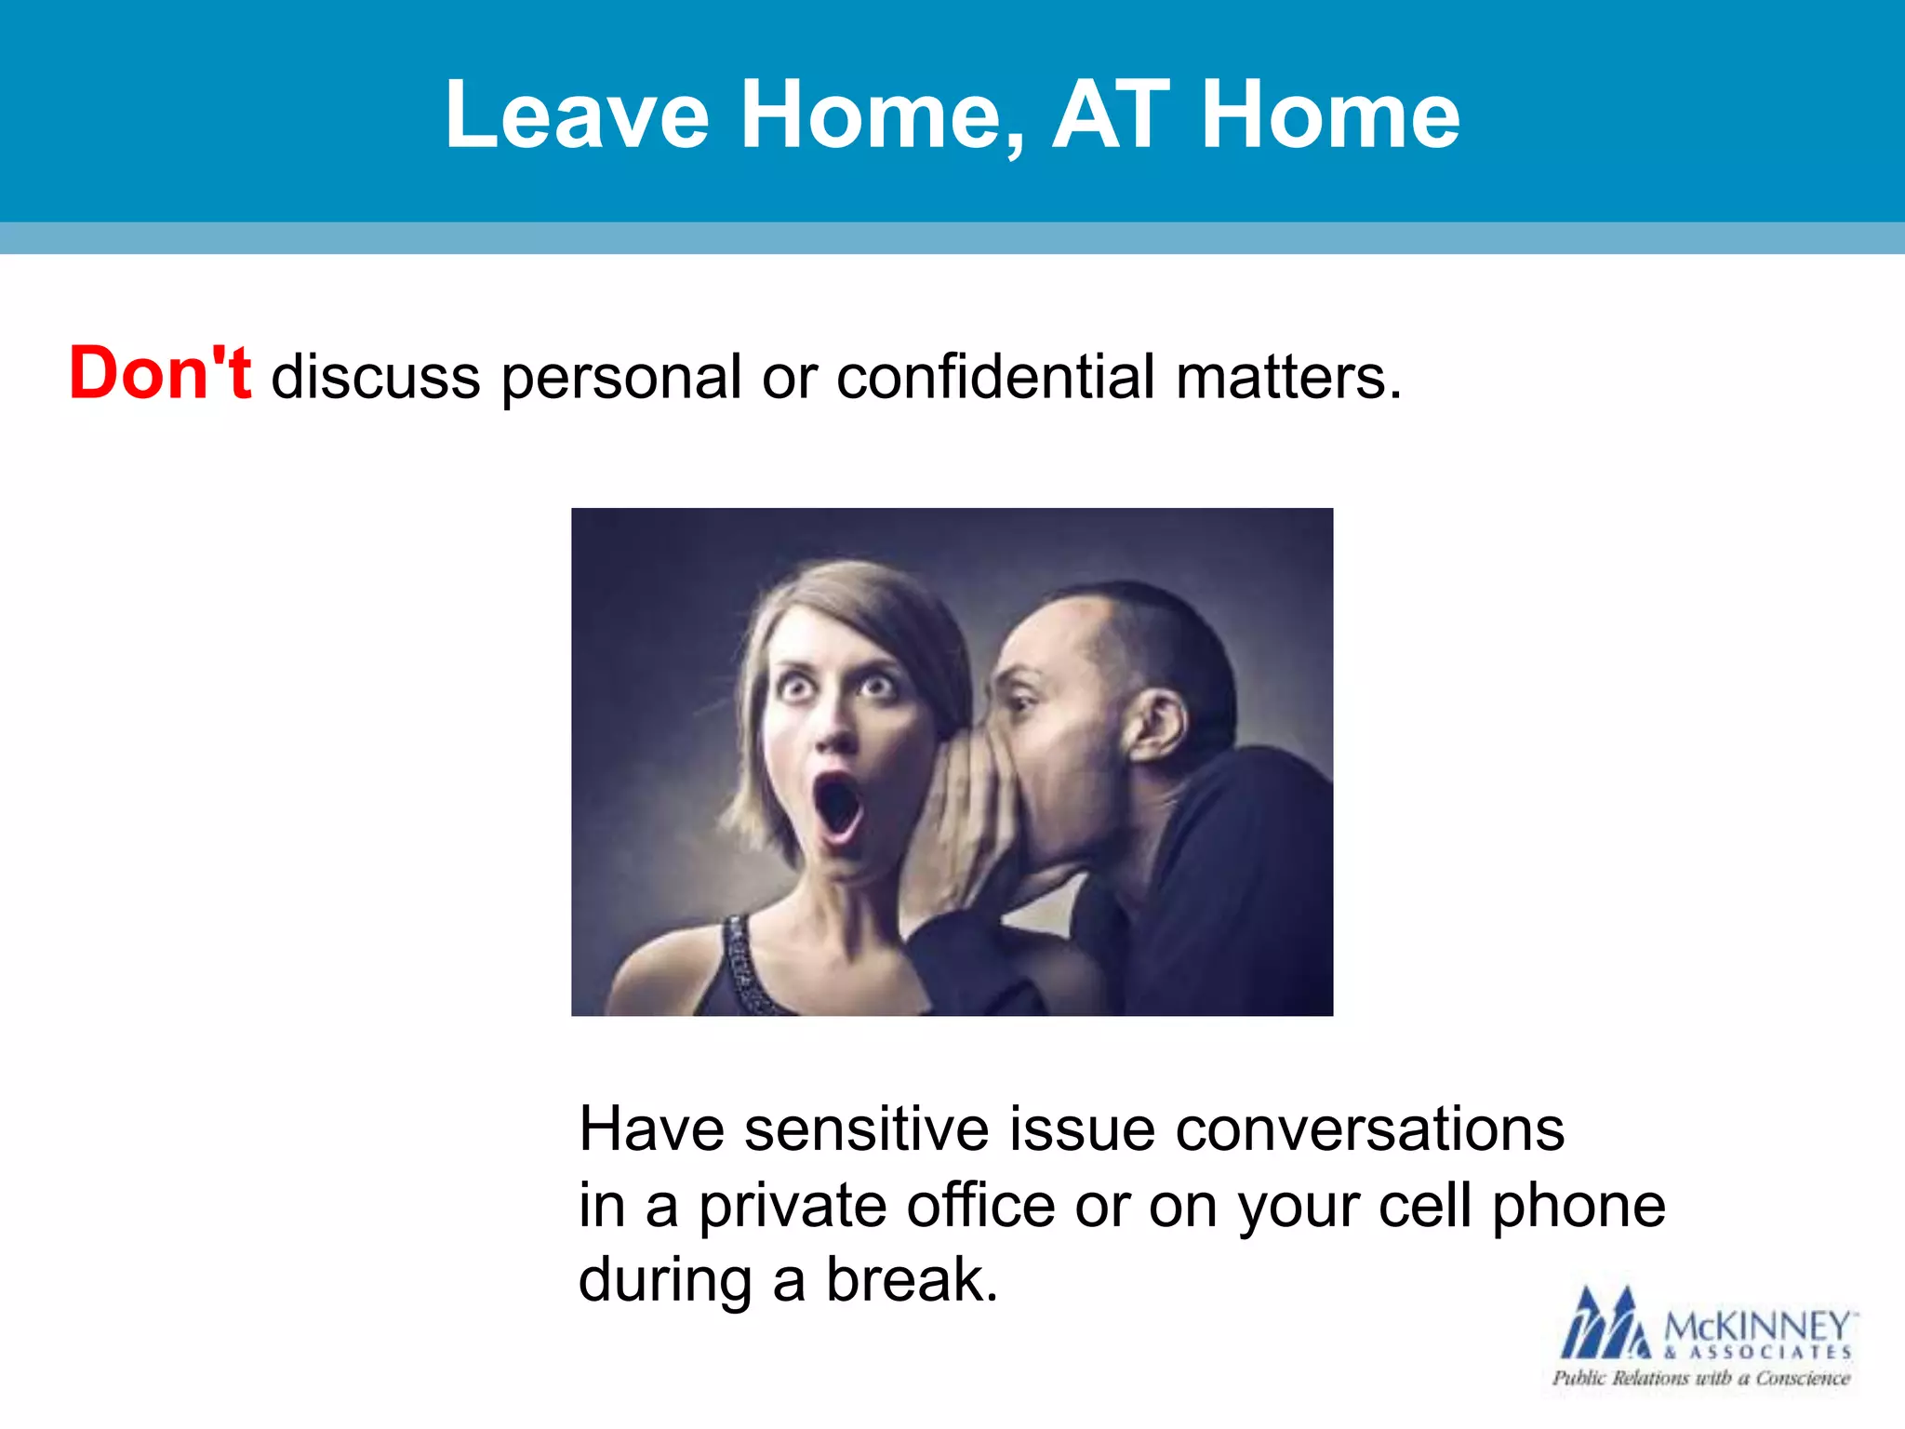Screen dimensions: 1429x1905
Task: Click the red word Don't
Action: pos(160,374)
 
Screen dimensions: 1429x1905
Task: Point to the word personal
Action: pos(621,379)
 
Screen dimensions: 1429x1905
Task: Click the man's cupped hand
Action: pos(967,819)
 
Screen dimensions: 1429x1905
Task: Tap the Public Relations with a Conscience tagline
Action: pos(1700,1378)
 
